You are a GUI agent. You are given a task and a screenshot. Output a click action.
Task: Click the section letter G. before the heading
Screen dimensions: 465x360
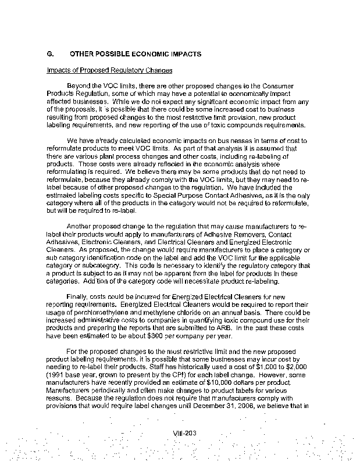50,53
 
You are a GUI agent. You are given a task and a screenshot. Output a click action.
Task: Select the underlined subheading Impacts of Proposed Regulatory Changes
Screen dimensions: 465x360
109,71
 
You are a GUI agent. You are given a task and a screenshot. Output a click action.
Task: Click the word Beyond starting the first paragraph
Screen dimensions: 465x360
80,86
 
